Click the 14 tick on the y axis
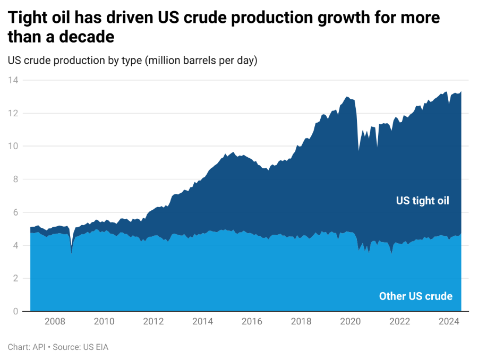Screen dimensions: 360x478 click(13, 80)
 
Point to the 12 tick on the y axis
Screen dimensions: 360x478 click(13, 113)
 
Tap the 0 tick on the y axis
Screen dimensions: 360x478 click(15, 311)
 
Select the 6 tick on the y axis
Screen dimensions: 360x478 click(15, 212)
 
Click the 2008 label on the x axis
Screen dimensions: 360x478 click(55, 321)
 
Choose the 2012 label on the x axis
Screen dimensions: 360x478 click(153, 321)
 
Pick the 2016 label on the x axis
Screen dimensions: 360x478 click(252, 321)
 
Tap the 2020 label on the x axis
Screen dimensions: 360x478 click(351, 321)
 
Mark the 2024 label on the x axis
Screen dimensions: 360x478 click(449, 321)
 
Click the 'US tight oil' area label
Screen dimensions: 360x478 click(422, 201)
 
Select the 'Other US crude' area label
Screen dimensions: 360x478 click(416, 296)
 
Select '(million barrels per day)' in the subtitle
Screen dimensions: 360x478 click(201, 61)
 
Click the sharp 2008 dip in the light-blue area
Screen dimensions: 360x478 click(72, 253)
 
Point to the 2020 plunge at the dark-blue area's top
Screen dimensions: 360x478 click(358, 150)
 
